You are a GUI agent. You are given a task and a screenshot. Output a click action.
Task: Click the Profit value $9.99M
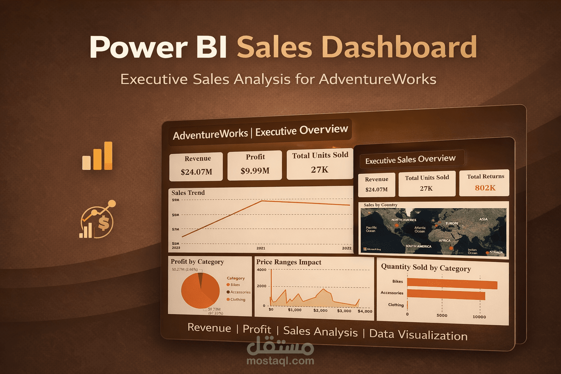255,171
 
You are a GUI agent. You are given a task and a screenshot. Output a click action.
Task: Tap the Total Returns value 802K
485,188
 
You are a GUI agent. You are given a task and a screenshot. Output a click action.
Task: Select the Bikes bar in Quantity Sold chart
452,284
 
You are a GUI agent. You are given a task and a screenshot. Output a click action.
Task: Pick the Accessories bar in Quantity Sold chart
446,294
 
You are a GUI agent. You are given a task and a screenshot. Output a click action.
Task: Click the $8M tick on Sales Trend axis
176,215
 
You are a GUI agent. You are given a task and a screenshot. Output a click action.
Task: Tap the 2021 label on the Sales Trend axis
261,248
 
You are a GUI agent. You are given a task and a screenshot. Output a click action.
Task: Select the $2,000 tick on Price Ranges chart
320,310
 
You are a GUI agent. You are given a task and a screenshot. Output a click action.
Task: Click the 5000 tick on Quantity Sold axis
442,316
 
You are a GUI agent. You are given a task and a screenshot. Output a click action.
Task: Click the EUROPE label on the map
452,223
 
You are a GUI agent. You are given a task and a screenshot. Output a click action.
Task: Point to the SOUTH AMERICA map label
418,246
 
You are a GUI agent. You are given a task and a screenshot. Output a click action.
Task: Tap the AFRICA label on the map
444,240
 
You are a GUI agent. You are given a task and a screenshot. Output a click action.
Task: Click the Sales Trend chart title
188,193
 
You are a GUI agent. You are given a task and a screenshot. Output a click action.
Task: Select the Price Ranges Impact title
289,262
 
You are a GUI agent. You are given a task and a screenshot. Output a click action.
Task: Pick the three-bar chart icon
97,156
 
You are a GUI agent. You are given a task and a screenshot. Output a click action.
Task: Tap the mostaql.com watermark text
280,361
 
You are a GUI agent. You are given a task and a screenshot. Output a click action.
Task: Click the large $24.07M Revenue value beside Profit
196,172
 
